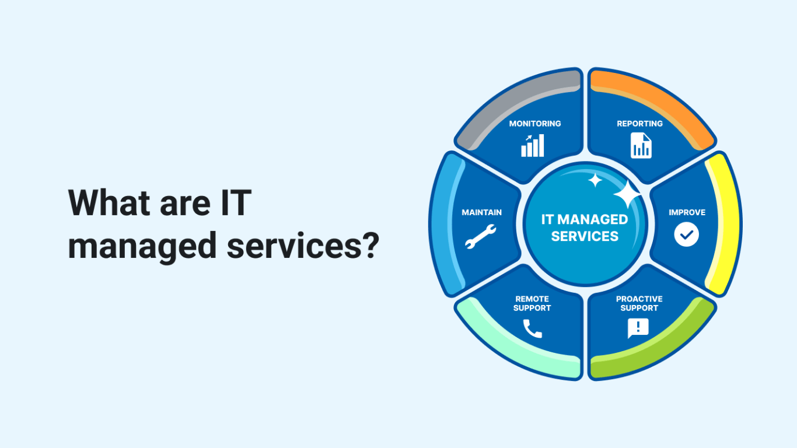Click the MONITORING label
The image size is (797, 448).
pyautogui.click(x=535, y=124)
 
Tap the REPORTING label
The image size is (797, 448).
pyautogui.click(x=639, y=124)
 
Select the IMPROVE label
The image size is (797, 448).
pyautogui.click(x=687, y=212)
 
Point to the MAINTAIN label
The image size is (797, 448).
pyautogui.click(x=482, y=212)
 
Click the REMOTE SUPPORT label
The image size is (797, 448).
pyautogui.click(x=532, y=303)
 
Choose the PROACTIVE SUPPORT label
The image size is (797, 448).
pyautogui.click(x=639, y=303)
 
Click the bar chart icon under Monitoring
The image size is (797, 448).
pyautogui.click(x=533, y=145)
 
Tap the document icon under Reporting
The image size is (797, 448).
pyautogui.click(x=641, y=145)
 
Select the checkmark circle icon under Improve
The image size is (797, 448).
pyautogui.click(x=686, y=234)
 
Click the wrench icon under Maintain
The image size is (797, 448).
pyautogui.click(x=480, y=236)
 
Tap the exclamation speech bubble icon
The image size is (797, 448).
pyautogui.click(x=638, y=328)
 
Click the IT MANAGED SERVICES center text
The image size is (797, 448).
pyautogui.click(x=585, y=228)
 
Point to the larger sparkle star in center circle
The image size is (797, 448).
pyautogui.click(x=627, y=194)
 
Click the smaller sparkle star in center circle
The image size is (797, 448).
pyautogui.click(x=595, y=180)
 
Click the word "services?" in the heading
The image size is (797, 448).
pyautogui.click(x=303, y=246)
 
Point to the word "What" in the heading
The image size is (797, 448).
pyautogui.click(x=109, y=203)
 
